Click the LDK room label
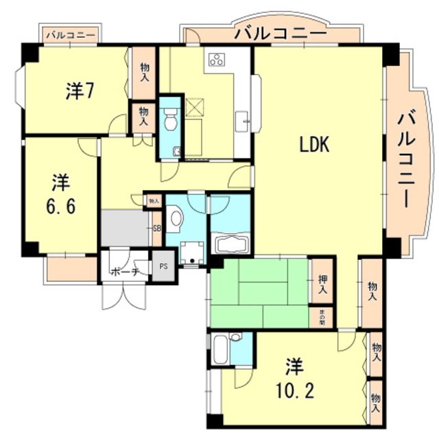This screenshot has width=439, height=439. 315,145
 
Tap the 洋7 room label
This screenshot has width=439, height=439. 80,90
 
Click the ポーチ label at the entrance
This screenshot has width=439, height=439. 126,272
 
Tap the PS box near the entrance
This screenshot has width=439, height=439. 163,267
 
